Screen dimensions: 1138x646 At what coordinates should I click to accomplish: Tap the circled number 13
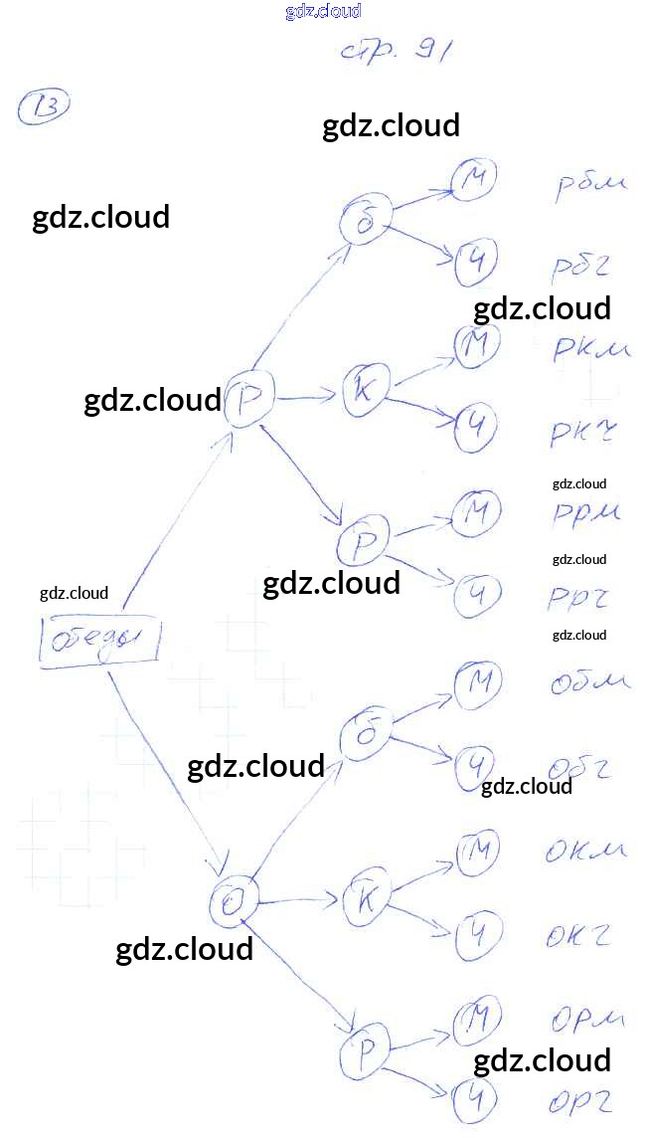[44, 106]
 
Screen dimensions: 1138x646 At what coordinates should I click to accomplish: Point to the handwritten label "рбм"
[589, 185]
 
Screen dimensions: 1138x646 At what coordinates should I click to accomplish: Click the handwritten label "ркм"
[591, 348]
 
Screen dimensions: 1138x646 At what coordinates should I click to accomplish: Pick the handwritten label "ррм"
[585, 512]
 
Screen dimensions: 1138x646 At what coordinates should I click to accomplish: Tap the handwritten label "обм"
[588, 683]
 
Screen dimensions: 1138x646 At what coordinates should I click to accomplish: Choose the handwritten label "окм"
[585, 852]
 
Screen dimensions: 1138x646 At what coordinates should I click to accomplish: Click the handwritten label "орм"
[585, 1020]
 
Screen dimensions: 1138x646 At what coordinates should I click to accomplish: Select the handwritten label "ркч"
[583, 432]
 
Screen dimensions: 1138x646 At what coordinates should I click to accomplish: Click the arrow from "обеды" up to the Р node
[174, 517]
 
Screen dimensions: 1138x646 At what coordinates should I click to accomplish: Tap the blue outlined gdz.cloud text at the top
[322, 11]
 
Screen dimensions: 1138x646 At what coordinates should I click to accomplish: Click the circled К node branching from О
[365, 901]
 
